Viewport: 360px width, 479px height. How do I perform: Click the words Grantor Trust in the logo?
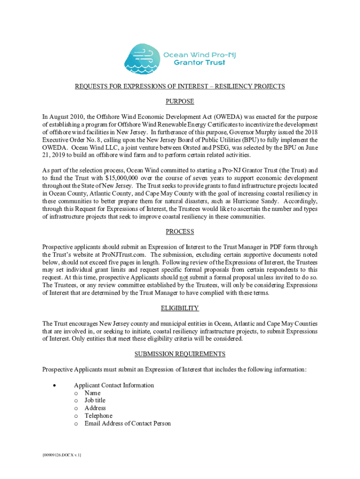[199, 63]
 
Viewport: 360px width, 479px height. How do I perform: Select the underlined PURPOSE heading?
[180, 102]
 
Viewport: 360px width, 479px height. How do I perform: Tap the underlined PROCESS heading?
[180, 232]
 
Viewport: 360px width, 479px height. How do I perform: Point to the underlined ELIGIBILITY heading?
[180, 308]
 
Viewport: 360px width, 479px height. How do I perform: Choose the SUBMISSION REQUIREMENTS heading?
[180, 354]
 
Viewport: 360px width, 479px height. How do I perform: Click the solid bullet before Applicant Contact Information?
[55, 386]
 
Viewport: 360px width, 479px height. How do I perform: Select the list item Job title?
[95, 400]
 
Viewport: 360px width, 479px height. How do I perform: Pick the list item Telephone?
[98, 416]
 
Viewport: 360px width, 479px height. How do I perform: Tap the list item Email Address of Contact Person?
[128, 423]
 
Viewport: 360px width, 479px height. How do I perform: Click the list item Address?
[95, 408]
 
